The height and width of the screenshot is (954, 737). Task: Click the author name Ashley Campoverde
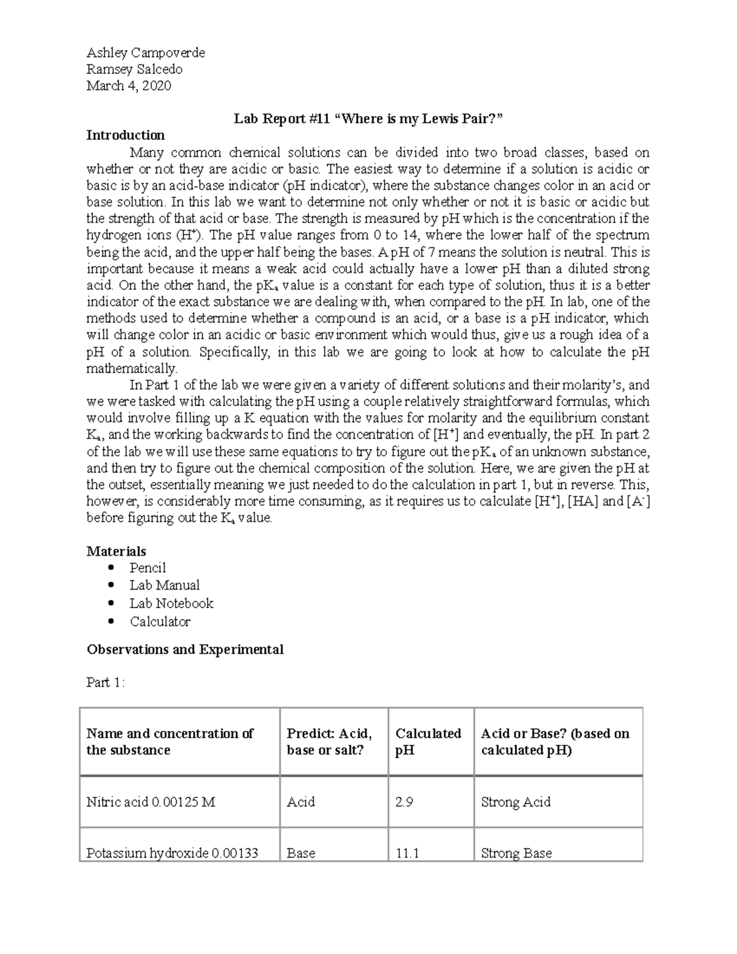tap(146, 53)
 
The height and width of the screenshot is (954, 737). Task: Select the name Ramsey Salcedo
tap(134, 69)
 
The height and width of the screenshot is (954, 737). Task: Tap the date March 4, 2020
tap(128, 86)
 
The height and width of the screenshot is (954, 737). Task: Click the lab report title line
tap(368, 119)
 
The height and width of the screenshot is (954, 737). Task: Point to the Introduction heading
tap(125, 135)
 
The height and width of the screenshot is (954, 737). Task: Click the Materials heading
tap(116, 551)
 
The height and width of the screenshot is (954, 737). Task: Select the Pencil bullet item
tap(147, 568)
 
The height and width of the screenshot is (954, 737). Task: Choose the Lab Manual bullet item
tap(164, 585)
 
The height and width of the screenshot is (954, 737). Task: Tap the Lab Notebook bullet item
tap(171, 603)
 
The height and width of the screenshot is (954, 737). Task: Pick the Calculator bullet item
tap(160, 622)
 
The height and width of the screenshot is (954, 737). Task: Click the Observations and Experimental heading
tap(185, 649)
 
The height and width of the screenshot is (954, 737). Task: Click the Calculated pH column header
tap(428, 741)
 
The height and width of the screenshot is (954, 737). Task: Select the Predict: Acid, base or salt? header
tap(329, 741)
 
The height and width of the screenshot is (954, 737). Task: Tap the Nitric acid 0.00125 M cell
tap(150, 802)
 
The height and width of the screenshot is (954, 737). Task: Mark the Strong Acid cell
tap(515, 802)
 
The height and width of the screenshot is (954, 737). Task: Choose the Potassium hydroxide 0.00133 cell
tap(172, 853)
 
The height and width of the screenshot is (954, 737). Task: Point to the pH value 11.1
tap(407, 853)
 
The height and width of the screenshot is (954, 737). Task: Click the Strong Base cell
tap(516, 853)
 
